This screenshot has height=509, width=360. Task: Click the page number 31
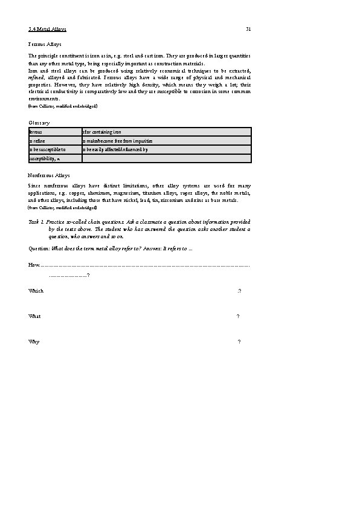point(248,29)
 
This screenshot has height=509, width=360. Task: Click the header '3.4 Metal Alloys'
point(48,29)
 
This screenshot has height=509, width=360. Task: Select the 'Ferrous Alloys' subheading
point(45,44)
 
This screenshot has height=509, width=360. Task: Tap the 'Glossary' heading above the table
point(39,123)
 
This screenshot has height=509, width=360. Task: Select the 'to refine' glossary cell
point(37,141)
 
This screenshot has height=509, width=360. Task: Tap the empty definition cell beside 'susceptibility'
point(166,158)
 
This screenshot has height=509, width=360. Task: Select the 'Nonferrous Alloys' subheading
point(49,175)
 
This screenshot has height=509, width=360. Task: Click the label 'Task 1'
point(35,222)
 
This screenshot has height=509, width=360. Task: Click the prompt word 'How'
point(34,265)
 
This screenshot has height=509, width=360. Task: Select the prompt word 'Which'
point(36,291)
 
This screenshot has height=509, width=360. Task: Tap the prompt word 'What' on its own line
point(34,316)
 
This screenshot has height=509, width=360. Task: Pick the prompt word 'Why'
point(34,342)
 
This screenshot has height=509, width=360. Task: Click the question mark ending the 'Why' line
point(239,342)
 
